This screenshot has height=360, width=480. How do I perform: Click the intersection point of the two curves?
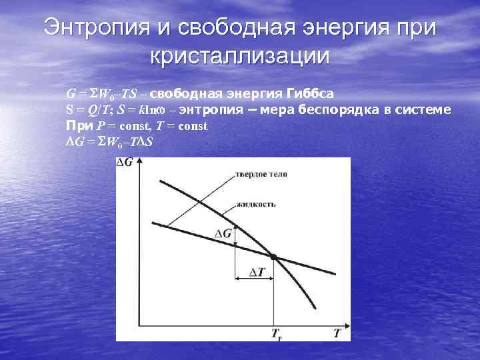273,257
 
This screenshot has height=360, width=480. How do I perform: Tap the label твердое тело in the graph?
260,175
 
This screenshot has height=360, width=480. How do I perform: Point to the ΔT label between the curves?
255,272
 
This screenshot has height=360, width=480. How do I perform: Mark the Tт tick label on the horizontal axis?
275,333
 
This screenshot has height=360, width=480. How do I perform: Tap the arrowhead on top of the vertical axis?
137,162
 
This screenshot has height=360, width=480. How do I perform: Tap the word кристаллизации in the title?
239,55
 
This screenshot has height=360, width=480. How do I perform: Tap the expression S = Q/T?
86,109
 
